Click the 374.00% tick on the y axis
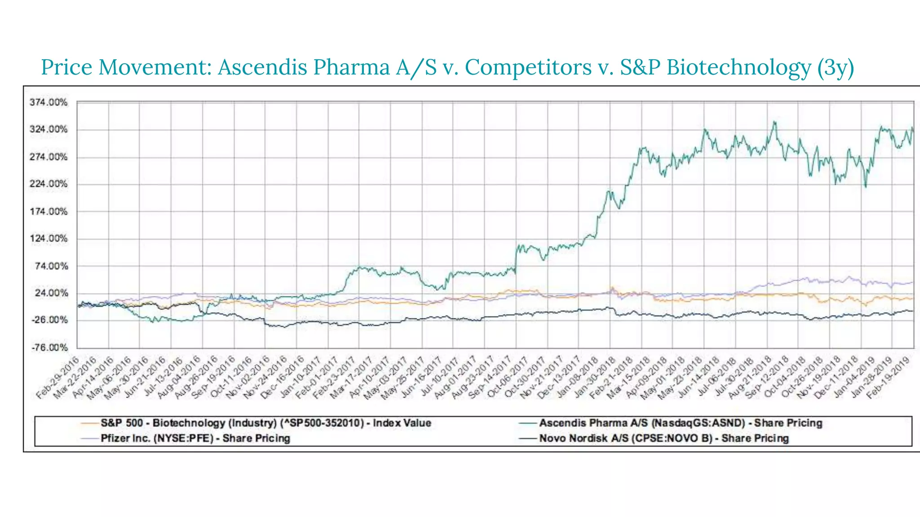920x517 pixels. [x=49, y=103]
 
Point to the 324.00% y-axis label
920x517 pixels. [x=49, y=130]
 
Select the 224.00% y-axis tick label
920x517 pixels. [x=49, y=184]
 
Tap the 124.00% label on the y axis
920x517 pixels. [x=49, y=238]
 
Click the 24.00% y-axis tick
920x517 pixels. [x=50, y=293]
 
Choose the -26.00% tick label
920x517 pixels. [x=49, y=320]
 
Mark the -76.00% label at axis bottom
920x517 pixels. [x=49, y=347]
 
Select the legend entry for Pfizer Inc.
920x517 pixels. [x=195, y=438]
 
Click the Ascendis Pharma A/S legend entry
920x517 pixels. [x=680, y=423]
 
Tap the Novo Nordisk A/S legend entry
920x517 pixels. [x=663, y=438]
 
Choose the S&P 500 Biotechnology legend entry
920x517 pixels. [x=265, y=423]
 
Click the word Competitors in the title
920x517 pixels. [x=528, y=67]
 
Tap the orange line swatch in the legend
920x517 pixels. [x=89, y=423]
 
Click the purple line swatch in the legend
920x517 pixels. [x=89, y=438]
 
